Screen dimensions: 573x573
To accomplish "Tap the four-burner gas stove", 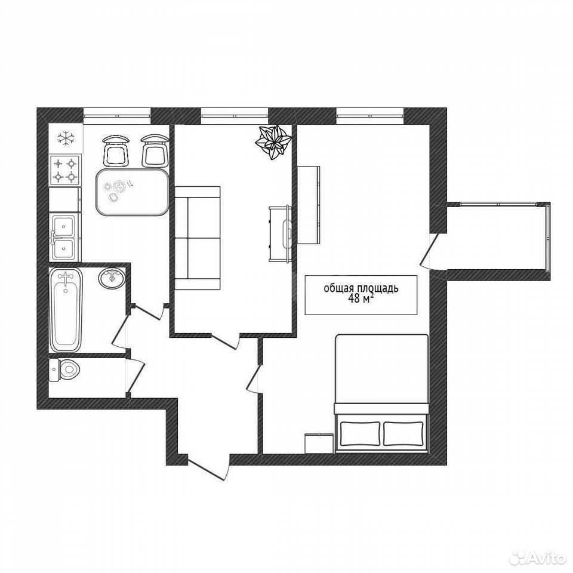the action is coord(65,171).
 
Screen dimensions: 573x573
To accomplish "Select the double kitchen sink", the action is coord(64,237).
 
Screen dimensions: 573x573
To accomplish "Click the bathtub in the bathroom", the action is coord(66,310).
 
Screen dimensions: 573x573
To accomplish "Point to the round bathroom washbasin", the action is coord(112,279).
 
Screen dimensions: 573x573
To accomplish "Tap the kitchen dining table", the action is coord(133,192).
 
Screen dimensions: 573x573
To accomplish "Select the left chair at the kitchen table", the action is coord(116,150).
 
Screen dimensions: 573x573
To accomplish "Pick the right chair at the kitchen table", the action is coord(155,150).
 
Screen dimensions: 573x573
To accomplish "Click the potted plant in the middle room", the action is coord(273,142).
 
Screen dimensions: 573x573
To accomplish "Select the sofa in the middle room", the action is coord(198,238).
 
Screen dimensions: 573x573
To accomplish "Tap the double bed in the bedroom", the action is coord(381,393).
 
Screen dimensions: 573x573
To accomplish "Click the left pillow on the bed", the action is coord(360,433).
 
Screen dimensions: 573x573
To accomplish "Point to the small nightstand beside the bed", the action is coord(319,443).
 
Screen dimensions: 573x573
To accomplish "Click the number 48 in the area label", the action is coord(355,298).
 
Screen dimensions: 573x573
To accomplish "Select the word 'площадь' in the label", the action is coord(379,289).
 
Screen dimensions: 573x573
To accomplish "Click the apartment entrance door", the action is coord(209,467).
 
